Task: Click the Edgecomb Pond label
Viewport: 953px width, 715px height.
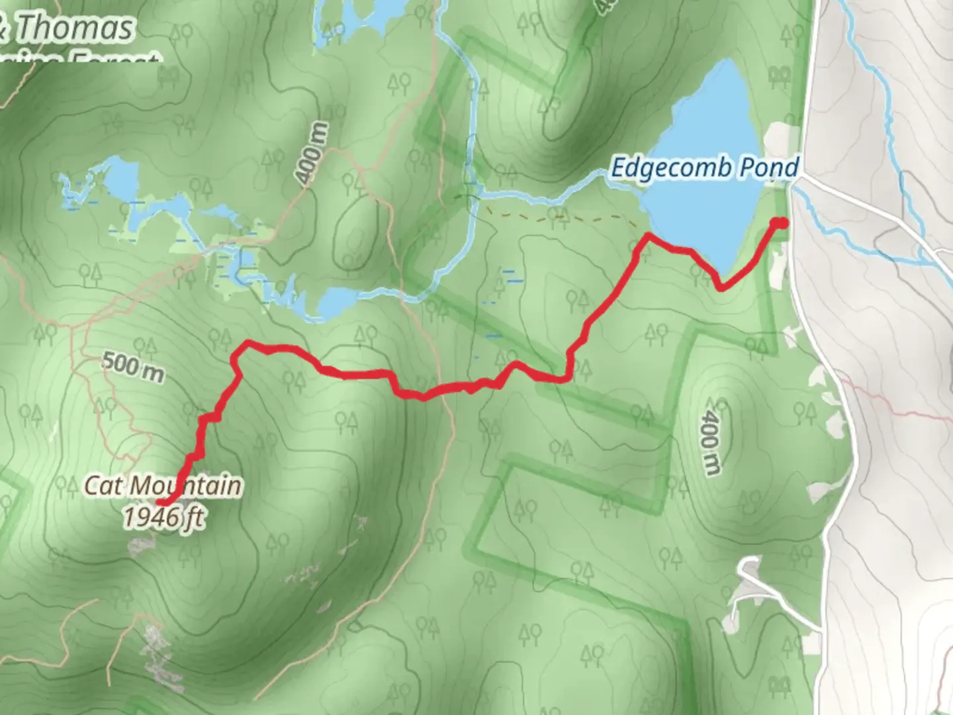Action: (704, 167)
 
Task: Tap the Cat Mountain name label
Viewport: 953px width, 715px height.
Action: (162, 485)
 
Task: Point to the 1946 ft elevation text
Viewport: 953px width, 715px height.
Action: (163, 516)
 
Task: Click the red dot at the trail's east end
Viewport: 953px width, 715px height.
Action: (782, 222)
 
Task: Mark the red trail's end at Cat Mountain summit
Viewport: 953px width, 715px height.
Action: (162, 502)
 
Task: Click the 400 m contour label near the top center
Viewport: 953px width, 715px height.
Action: (312, 154)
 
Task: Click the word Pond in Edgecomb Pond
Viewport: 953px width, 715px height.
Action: (769, 167)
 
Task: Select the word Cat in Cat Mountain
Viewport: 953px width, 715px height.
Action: (103, 485)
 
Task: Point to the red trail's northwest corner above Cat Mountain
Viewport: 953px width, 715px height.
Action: (246, 344)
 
